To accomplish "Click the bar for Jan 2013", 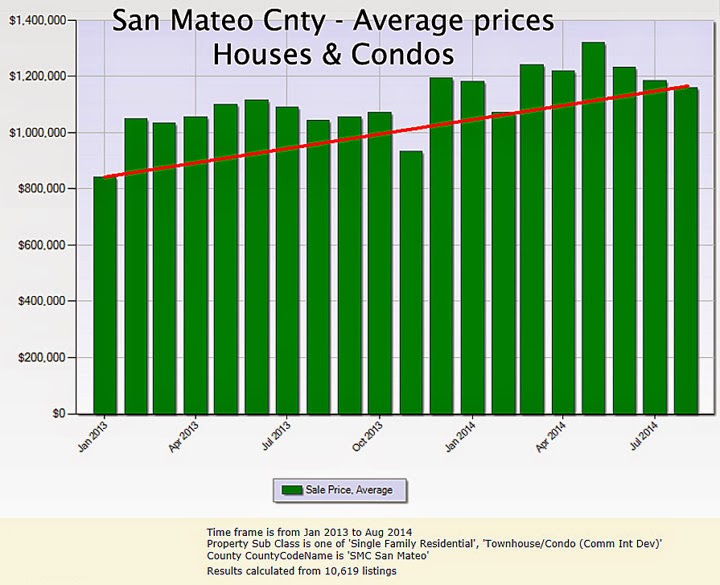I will (x=104, y=295).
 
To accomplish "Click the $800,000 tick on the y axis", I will (x=40, y=189).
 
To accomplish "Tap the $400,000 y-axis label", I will (x=40, y=301).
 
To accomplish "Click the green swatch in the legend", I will (x=293, y=490).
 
